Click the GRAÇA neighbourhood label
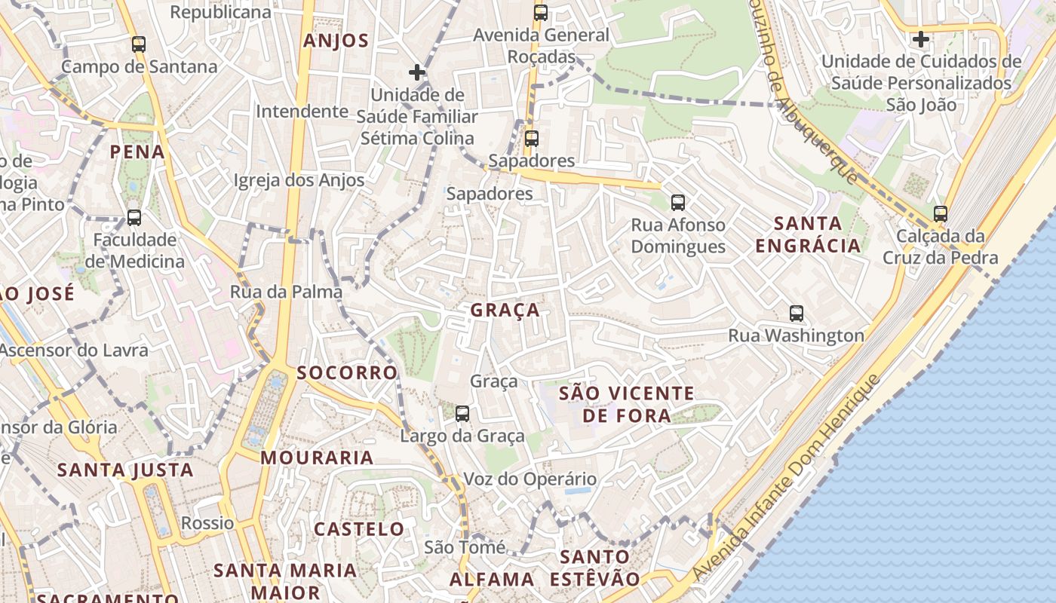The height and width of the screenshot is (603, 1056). (x=505, y=310)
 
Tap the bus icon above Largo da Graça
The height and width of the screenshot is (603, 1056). (x=462, y=414)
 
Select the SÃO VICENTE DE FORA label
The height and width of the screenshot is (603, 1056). (x=626, y=404)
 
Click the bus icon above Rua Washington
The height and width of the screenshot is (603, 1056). (x=796, y=314)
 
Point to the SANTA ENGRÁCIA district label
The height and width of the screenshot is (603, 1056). (x=808, y=234)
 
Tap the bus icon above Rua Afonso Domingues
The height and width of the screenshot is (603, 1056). (x=678, y=202)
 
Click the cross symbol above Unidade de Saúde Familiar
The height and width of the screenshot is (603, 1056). (x=416, y=72)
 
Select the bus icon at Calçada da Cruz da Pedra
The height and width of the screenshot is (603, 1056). (x=940, y=214)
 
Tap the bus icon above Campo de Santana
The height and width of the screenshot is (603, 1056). (x=138, y=44)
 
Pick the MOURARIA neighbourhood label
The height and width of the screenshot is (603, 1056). (x=317, y=458)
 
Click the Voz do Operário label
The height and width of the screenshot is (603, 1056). (x=530, y=479)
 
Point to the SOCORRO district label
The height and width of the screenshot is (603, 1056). (x=346, y=372)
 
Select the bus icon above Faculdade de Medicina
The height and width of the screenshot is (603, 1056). (x=134, y=218)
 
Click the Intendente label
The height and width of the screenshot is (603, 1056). (x=302, y=112)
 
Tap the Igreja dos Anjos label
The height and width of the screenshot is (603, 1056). (x=299, y=180)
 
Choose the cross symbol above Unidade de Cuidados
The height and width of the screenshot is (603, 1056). (x=920, y=38)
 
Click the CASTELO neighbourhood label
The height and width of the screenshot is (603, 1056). (x=359, y=529)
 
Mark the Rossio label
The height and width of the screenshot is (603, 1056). (x=207, y=523)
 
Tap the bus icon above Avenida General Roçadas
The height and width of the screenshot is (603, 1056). (x=540, y=13)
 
